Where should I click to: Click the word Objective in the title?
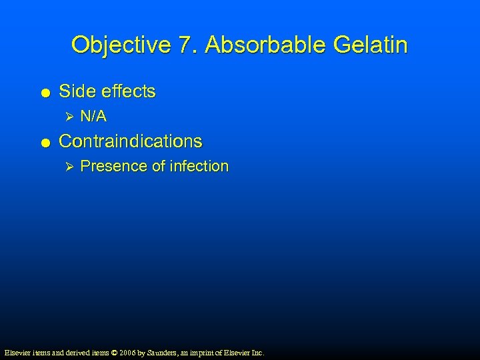[122, 45]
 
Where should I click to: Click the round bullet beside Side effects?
[44, 92]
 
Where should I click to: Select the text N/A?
[93, 117]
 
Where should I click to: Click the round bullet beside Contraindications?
[44, 142]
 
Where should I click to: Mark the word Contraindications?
[131, 141]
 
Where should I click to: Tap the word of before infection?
[159, 167]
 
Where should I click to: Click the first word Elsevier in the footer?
[17, 352]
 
